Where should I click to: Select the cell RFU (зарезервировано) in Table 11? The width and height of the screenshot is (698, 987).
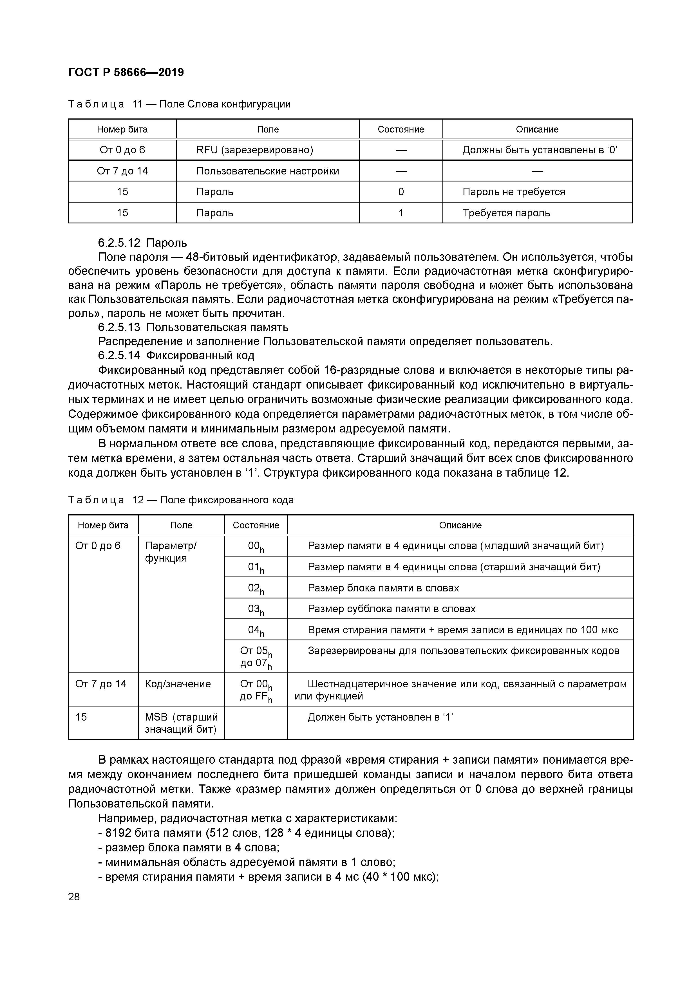click(255, 150)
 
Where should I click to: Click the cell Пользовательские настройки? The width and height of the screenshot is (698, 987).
click(267, 171)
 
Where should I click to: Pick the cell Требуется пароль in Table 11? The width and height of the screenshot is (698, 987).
click(506, 213)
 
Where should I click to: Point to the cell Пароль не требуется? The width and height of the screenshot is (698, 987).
click(513, 192)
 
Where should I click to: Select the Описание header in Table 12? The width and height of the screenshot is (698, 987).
click(460, 525)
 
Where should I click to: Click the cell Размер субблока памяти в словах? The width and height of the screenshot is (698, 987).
click(391, 609)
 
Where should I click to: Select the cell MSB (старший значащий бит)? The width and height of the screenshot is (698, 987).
click(181, 723)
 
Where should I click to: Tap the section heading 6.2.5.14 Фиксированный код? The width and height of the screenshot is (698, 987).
click(176, 356)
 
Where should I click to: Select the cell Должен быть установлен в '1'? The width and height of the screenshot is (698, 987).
click(380, 717)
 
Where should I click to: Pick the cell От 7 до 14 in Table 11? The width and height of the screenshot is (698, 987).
click(122, 171)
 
